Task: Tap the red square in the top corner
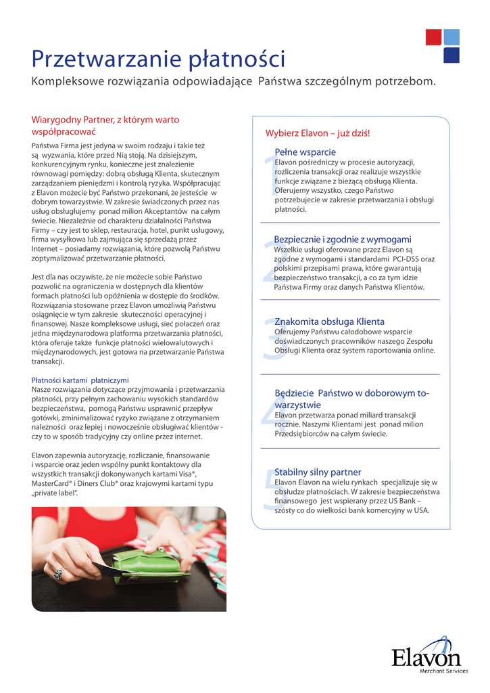click(x=433, y=37)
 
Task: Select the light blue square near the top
click(x=452, y=37)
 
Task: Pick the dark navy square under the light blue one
click(x=452, y=55)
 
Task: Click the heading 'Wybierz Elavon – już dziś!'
click(x=318, y=133)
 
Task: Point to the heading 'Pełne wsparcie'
click(x=305, y=152)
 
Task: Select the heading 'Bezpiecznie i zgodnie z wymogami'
click(x=343, y=240)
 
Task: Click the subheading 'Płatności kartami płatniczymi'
click(x=80, y=380)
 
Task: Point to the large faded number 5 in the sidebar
click(x=268, y=491)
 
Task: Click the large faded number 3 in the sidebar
click(x=268, y=338)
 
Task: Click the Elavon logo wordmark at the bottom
click(x=426, y=656)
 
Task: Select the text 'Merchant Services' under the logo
click(x=443, y=671)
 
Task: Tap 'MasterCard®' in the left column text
click(x=55, y=484)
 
